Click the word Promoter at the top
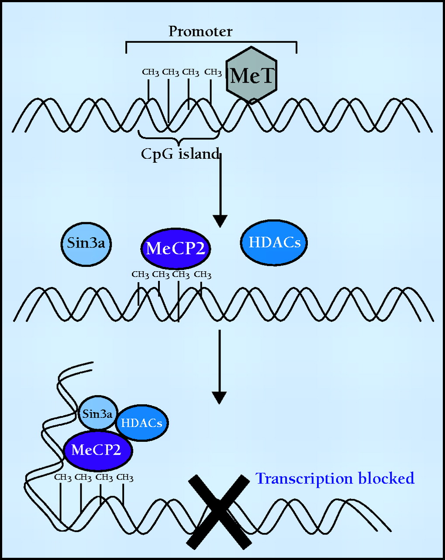tap(200, 31)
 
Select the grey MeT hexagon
tap(252, 75)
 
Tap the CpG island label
tap(180, 154)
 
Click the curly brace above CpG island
tap(178, 136)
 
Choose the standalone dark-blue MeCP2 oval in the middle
tap(176, 248)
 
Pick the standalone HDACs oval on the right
tap(274, 242)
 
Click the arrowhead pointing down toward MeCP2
tap(220, 221)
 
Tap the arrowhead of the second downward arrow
tap(219, 397)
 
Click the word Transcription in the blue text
tap(304, 479)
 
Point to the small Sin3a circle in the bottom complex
tap(97, 413)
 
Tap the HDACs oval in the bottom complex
tap(141, 423)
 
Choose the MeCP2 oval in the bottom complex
tap(97, 450)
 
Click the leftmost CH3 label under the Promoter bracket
tap(150, 72)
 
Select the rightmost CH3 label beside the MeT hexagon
tap(213, 72)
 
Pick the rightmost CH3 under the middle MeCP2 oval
tap(203, 275)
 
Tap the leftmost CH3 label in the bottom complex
tap(63, 477)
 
